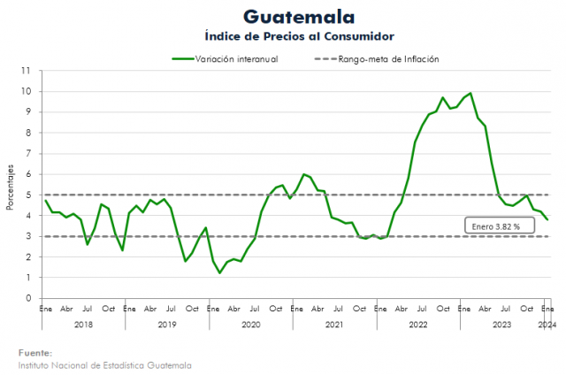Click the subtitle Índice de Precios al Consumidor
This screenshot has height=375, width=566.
tap(298, 35)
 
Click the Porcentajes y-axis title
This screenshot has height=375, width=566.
tap(11, 186)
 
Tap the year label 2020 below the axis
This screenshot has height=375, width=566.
tap(251, 325)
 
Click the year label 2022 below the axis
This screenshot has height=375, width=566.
tap(418, 325)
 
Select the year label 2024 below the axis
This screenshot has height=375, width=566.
tap(547, 325)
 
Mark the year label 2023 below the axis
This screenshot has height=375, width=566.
tap(501, 325)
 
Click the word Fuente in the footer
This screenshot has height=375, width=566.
tap(34, 352)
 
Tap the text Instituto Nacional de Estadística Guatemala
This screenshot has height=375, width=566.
tap(103, 364)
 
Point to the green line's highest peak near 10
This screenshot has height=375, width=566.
tap(470, 93)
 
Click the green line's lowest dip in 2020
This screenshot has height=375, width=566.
tap(219, 272)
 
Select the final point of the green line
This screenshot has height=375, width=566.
tap(547, 219)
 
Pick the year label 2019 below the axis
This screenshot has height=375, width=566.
tap(167, 325)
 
